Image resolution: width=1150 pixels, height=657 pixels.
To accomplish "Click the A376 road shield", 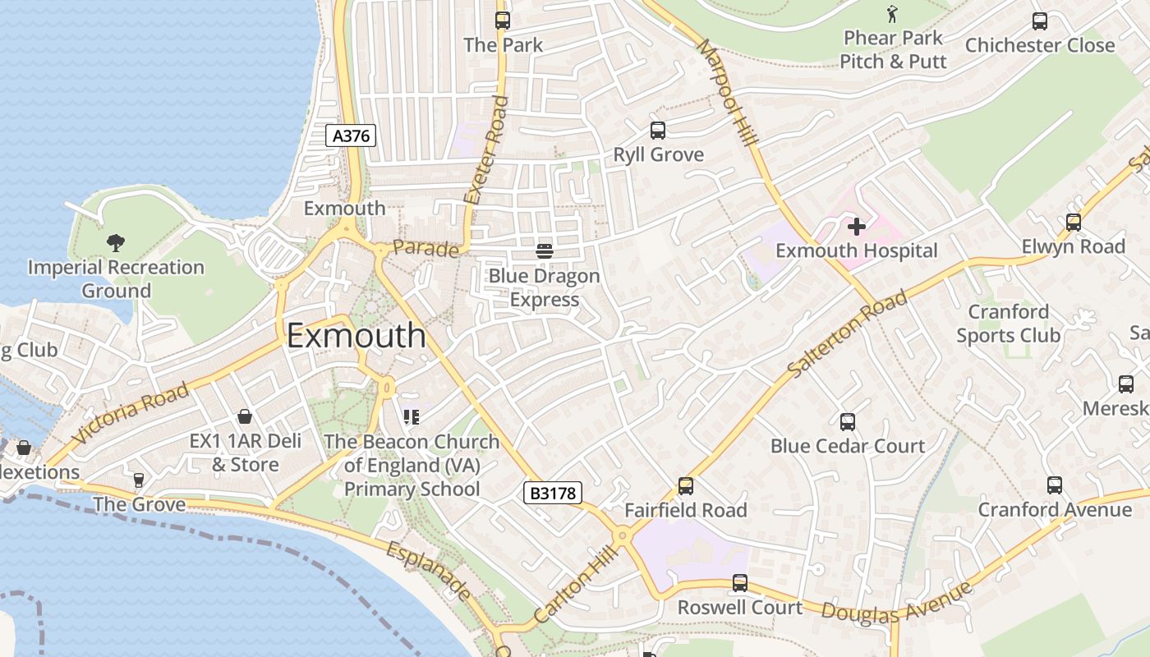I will [351, 136].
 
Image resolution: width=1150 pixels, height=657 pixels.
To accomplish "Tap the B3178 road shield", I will [553, 493].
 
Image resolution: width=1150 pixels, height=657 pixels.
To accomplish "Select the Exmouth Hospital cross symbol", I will [857, 227].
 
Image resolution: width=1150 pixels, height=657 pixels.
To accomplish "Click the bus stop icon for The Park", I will [502, 21].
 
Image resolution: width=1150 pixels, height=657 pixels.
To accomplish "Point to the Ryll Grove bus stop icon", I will [657, 131].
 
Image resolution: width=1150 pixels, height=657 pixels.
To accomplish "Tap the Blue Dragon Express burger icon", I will [544, 250].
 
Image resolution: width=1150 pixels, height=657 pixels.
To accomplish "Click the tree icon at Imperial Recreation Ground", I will [116, 242].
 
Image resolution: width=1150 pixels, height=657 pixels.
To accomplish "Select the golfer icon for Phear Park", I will [893, 14].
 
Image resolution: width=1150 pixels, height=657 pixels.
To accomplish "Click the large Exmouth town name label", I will [356, 336].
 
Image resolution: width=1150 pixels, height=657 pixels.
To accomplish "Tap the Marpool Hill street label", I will [726, 93].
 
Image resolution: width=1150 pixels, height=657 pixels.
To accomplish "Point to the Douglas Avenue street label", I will [897, 603].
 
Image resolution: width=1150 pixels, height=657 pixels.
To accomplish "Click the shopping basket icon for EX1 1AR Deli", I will [244, 417].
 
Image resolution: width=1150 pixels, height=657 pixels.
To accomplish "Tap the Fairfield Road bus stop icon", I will [685, 486].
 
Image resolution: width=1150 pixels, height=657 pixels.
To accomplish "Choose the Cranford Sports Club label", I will [1008, 324].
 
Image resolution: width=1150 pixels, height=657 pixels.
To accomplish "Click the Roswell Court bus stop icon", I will [739, 583].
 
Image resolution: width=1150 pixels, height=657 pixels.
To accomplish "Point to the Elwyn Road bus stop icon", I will [1073, 223].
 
